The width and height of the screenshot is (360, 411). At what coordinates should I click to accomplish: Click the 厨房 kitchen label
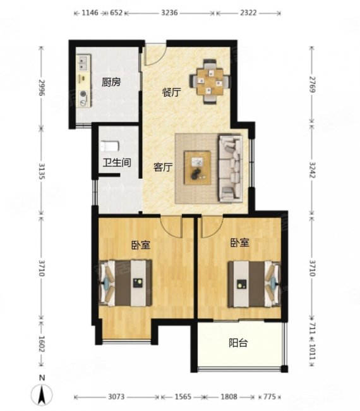coord(111,82)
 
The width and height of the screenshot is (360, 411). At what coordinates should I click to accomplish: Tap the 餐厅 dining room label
coord(172,92)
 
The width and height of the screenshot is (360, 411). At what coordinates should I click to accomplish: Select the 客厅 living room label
coord(163,167)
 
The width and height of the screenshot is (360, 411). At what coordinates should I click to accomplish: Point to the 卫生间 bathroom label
coord(117,163)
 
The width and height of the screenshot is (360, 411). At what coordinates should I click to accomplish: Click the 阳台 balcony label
coord(238,343)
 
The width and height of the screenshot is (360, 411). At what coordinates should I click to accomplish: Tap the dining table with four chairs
coord(210,82)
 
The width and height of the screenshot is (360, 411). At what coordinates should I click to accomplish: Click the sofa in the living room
coord(231,168)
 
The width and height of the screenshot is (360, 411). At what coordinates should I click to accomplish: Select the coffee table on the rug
coord(198,168)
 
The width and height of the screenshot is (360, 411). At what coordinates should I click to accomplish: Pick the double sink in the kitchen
coord(83,63)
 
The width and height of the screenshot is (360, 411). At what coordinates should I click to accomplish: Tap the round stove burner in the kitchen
coord(83,94)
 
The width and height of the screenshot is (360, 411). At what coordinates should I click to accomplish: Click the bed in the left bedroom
coord(126,283)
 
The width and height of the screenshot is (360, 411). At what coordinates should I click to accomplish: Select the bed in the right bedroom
coord(255,284)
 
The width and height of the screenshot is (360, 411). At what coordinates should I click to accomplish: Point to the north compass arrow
coord(42,394)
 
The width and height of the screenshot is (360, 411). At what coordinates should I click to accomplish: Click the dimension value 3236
coord(169,13)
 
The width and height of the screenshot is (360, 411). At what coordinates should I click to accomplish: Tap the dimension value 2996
coord(42,87)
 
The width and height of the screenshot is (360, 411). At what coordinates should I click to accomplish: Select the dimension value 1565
coord(183,396)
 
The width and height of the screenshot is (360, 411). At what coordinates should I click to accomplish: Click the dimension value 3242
coord(313,170)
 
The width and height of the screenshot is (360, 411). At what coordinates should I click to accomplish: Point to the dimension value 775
coord(270,396)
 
